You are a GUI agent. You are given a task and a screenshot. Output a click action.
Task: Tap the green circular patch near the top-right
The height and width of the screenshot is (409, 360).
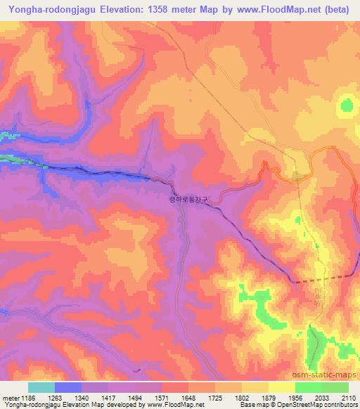[347, 106]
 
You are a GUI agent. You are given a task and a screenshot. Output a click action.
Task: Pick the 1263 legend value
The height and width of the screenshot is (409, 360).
[56, 398]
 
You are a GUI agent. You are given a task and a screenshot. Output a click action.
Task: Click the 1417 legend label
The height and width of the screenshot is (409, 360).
[109, 398]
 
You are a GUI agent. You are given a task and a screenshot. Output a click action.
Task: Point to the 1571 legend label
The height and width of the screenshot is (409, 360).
[163, 398]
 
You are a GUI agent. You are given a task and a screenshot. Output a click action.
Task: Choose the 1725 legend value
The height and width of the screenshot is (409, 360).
[217, 398]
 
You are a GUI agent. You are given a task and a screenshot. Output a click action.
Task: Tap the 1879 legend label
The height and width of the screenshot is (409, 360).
[271, 398]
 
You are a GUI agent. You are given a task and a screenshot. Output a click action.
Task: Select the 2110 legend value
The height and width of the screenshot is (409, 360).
[348, 398]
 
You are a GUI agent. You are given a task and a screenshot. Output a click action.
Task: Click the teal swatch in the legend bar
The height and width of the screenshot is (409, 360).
[41, 387]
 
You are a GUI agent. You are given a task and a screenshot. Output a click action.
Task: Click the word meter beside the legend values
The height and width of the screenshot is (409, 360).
[11, 398]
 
